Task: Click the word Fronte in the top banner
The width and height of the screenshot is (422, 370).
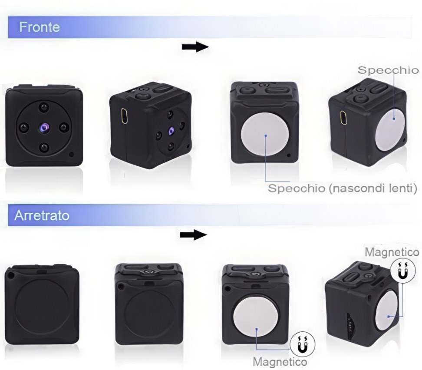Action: (x=40, y=27)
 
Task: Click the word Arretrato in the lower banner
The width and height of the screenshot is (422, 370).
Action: (x=42, y=215)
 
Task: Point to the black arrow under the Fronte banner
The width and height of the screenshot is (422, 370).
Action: (x=195, y=46)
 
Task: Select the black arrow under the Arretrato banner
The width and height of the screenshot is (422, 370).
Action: (x=194, y=235)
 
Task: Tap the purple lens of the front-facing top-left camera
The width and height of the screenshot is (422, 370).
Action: (x=44, y=127)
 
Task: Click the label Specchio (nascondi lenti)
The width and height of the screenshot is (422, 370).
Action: (x=342, y=188)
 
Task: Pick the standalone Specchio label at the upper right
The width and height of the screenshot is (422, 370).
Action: (x=388, y=70)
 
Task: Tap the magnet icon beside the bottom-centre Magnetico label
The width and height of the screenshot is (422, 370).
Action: (x=303, y=344)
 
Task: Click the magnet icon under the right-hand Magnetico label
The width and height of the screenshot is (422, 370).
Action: (x=402, y=271)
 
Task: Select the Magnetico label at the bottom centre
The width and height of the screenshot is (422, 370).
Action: (x=280, y=362)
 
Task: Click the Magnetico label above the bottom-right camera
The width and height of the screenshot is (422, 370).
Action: (x=392, y=252)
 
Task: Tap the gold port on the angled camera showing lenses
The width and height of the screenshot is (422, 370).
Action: (x=124, y=116)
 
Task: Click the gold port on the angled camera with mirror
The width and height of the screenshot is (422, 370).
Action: (x=343, y=118)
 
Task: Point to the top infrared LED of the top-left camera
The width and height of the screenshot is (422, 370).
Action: (x=43, y=107)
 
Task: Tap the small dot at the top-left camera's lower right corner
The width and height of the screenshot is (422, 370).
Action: (x=71, y=155)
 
